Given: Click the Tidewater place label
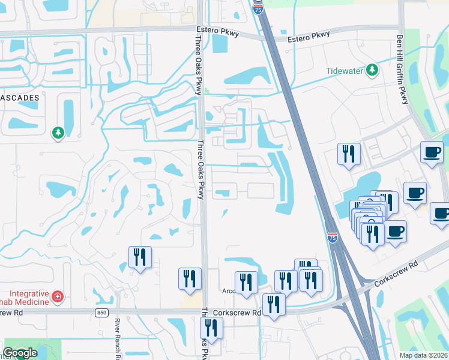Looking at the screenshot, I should click(x=345, y=70).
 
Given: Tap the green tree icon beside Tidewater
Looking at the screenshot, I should click(x=372, y=70).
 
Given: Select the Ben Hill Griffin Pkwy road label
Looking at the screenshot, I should click(x=401, y=69).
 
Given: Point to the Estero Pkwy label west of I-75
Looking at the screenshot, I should click(x=217, y=31).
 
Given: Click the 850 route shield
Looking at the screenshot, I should click(x=101, y=313).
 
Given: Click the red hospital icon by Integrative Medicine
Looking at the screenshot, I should click(x=57, y=296).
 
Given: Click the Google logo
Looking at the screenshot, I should click(x=20, y=353).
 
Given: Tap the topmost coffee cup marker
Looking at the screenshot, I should click(x=432, y=152).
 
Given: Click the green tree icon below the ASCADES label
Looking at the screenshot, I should click(x=58, y=132).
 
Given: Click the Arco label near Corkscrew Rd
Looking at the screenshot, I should click(x=229, y=292).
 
